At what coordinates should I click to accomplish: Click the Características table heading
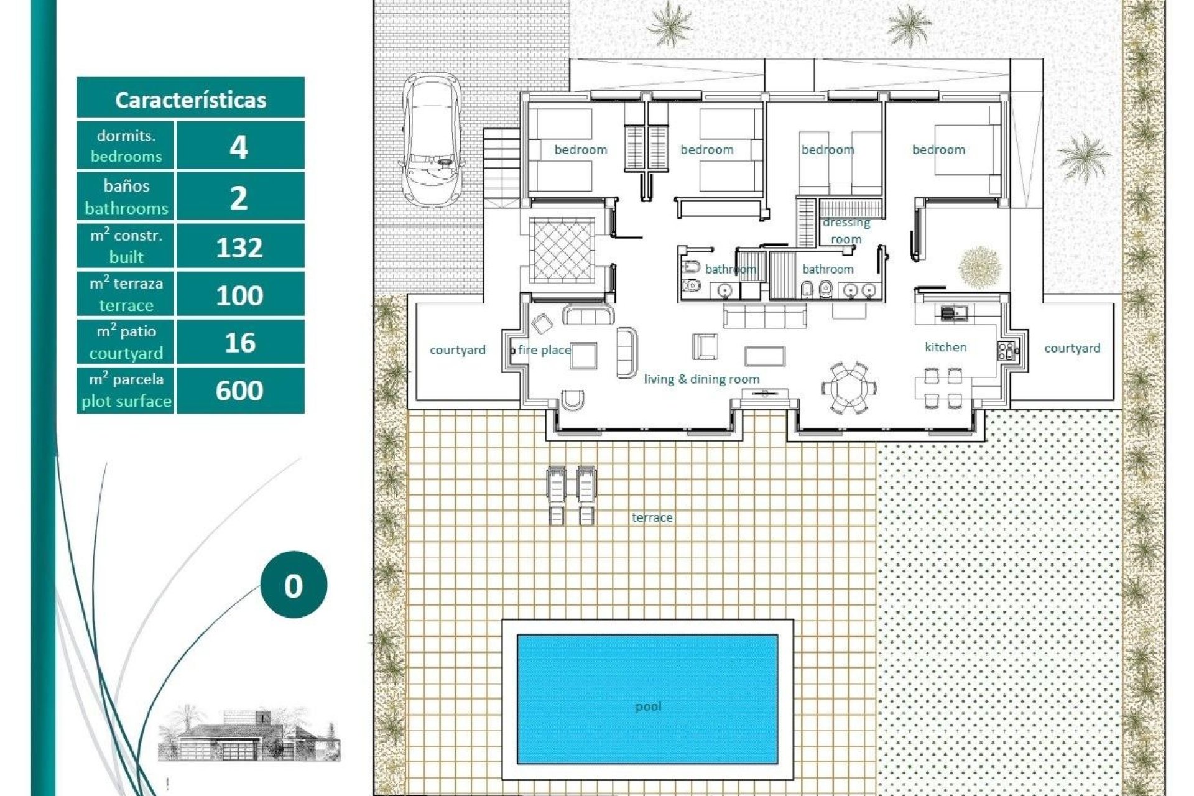190,99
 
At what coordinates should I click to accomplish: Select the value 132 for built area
239,248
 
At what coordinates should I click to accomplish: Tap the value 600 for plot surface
239,391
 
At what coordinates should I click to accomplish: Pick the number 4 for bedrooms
239,147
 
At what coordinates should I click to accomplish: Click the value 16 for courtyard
239,343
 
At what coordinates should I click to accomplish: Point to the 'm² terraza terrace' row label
126,294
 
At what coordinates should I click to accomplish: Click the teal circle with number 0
294,585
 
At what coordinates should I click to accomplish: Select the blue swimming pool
647,699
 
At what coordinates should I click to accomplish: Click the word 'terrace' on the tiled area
652,517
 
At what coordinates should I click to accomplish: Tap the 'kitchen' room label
945,347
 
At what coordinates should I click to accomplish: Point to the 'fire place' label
544,350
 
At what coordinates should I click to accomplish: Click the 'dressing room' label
846,231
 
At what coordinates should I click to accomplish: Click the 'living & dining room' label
701,379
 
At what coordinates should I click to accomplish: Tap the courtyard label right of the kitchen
1072,348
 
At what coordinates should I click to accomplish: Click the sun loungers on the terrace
571,495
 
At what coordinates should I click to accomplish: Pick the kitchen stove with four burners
1006,351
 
